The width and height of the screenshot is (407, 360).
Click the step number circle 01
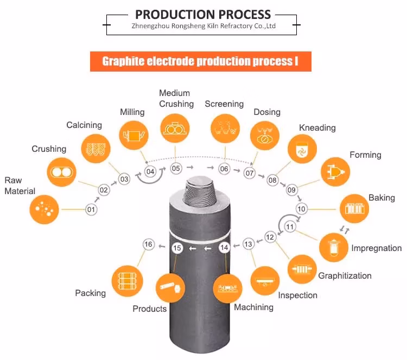tap(91, 209)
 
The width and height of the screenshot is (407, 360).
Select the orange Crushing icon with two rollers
tap(60, 172)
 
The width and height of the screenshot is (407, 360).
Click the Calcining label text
tap(84, 125)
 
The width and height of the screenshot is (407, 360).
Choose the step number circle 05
tap(176, 168)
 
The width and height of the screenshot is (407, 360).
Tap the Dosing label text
tap(267, 112)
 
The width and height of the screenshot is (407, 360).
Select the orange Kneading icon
tap(302, 149)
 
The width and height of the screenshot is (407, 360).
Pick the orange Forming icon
tap(335, 173)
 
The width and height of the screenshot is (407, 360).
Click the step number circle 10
tap(302, 209)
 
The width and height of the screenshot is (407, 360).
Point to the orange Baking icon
tap(354, 209)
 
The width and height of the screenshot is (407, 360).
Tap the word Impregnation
tap(376, 248)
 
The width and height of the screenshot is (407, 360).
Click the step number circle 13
tap(248, 244)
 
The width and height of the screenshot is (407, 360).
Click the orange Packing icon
tap(126, 280)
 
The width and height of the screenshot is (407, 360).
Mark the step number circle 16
tap(149, 244)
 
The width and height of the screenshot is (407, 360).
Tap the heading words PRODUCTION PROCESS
tap(202, 14)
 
